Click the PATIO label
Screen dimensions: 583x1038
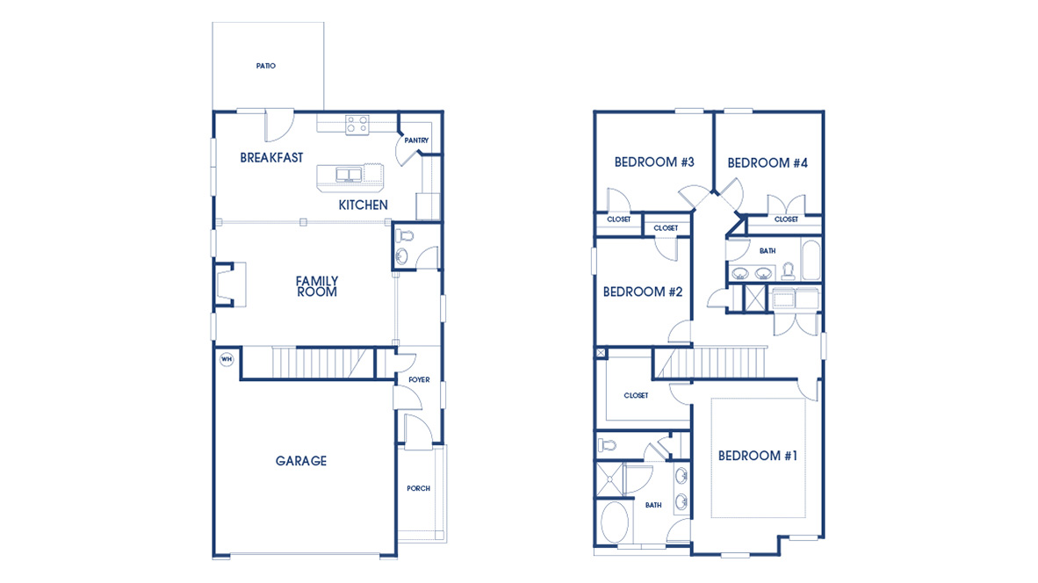coord(266,66)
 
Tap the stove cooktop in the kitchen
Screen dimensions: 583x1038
coord(357,126)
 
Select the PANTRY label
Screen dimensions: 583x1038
coord(415,140)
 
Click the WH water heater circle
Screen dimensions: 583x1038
coord(226,359)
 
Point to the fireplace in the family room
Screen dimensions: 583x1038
coord(226,284)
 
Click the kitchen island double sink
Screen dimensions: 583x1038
coord(349,174)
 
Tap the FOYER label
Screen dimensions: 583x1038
coord(419,380)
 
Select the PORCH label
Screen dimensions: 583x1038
coord(419,489)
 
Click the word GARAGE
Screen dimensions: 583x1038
coord(301,461)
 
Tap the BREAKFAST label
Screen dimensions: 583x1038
coord(272,158)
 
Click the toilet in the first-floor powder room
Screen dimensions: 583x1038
coord(406,236)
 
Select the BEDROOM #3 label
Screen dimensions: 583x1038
coord(654,162)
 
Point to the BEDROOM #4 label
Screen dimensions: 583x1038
coord(768,163)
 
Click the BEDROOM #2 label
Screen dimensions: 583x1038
coord(643,292)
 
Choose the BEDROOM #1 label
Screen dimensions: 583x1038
coord(758,456)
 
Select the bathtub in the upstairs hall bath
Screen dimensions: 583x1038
coord(810,260)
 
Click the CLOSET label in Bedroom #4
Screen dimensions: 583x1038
coord(786,220)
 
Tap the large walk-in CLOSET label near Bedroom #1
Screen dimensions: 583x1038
coord(636,396)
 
